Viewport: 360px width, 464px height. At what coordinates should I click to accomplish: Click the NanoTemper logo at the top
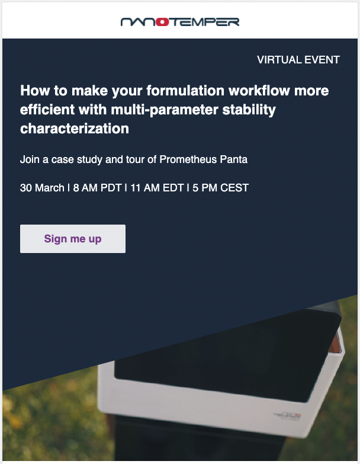180,22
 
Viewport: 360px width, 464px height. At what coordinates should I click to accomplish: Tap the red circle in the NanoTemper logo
162,22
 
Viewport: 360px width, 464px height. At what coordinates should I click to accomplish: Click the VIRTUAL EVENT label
298,60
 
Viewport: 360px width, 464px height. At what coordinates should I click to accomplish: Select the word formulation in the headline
185,90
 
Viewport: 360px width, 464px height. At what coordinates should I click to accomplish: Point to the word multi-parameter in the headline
165,110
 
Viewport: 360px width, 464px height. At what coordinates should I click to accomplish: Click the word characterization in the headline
75,129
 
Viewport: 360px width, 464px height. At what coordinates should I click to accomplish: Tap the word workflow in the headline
259,90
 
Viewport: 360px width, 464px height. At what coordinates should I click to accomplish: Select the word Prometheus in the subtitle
188,159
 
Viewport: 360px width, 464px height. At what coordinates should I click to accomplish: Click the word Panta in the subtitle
233,159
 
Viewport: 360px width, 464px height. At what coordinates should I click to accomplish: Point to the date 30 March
42,188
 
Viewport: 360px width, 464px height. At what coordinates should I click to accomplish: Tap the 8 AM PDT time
97,188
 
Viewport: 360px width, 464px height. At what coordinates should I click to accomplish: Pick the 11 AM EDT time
157,188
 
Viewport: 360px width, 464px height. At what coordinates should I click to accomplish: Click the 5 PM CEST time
220,188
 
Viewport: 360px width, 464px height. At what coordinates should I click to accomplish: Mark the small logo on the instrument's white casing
288,416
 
